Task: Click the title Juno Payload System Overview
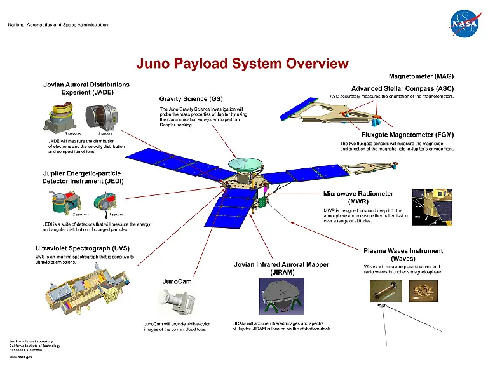click(243, 64)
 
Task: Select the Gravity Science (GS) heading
click(191, 99)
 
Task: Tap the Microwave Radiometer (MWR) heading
click(358, 198)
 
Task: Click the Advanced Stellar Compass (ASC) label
click(402, 88)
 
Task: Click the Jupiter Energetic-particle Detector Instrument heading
click(83, 177)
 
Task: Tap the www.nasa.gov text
click(20, 356)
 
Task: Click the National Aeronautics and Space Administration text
click(58, 25)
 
